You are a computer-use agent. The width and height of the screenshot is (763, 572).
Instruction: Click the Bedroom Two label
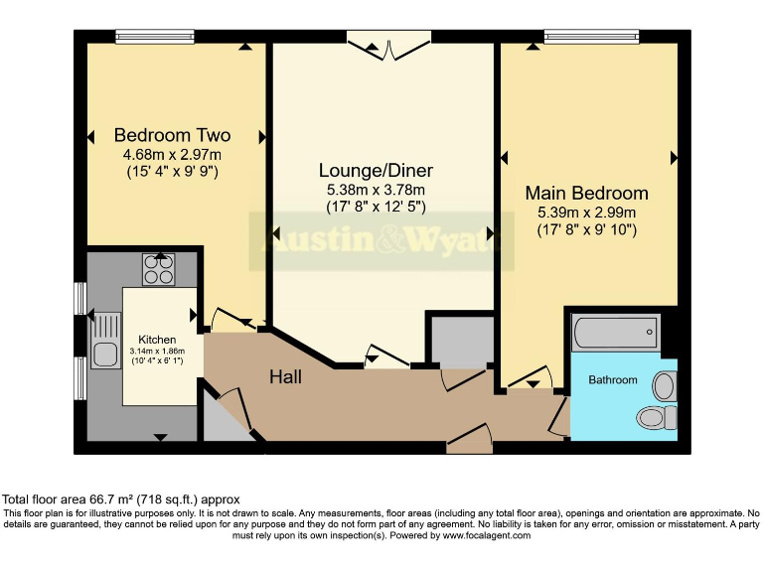click(x=172, y=135)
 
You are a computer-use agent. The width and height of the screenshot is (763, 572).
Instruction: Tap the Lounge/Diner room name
click(x=376, y=171)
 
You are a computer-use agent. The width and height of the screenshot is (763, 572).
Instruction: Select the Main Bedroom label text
click(x=586, y=193)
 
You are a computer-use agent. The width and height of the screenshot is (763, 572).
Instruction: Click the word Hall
click(x=285, y=377)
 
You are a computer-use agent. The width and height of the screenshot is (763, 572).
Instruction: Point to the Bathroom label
click(x=613, y=379)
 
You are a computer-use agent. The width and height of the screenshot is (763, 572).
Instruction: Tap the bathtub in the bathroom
click(x=616, y=332)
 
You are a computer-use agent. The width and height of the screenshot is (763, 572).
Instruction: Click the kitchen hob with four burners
click(x=158, y=269)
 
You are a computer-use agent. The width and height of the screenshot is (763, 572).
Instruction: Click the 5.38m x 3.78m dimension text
click(x=376, y=190)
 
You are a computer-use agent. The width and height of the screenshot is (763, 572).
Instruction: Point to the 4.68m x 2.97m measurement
click(x=172, y=154)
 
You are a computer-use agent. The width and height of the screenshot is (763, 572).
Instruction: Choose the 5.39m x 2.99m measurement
click(x=586, y=212)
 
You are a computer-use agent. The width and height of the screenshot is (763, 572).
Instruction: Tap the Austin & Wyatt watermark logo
click(x=381, y=241)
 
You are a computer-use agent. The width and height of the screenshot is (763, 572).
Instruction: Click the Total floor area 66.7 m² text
click(x=120, y=499)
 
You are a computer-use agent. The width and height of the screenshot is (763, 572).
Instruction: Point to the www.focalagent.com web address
click(x=472, y=535)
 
